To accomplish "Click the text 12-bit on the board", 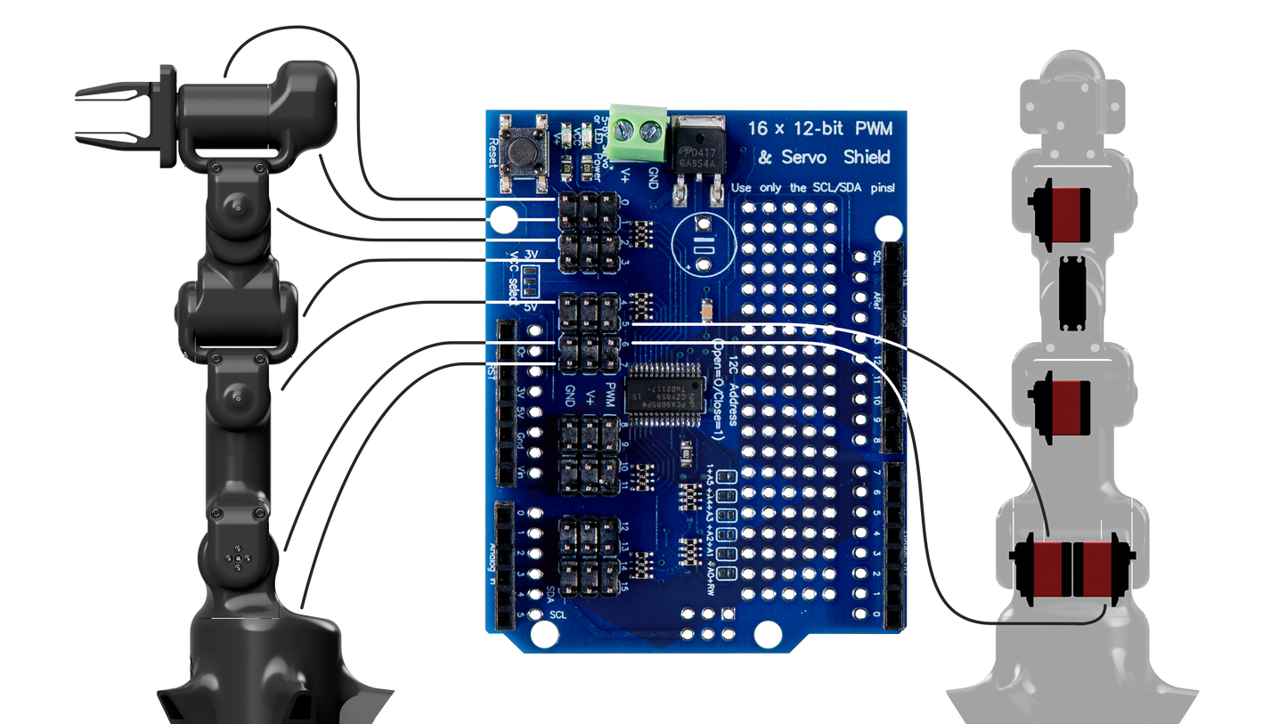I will coord(817,128).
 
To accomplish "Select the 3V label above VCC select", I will coord(532,255).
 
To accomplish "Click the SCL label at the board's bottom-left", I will coord(558,614).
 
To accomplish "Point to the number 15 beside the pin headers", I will coord(626,588).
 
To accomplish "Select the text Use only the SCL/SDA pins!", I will coord(810,189).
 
